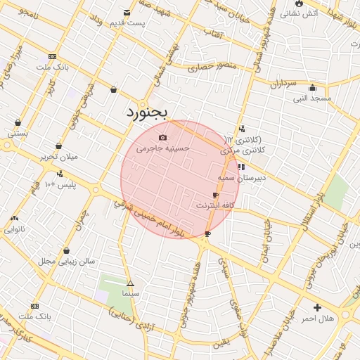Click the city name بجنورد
[148, 112]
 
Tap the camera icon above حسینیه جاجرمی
[163, 137]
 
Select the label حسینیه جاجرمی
[163, 148]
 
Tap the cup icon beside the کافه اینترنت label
[215, 195]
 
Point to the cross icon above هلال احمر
[318, 307]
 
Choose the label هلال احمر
[318, 319]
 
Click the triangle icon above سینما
[130, 283]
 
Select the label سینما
[131, 292]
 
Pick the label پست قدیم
[127, 23]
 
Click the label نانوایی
[15, 229]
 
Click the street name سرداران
[284, 84]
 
